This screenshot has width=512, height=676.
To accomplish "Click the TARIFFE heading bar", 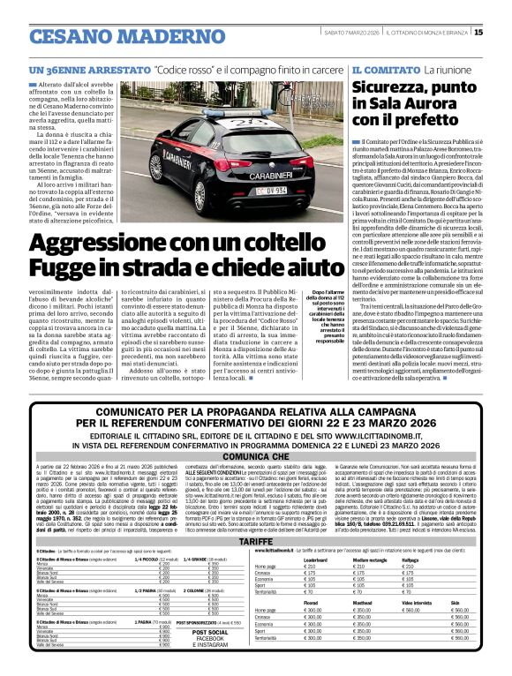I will click(x=255, y=540).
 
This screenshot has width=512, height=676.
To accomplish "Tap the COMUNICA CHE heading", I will click(x=255, y=456).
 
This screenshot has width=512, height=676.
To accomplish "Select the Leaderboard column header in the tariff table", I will click(x=315, y=560).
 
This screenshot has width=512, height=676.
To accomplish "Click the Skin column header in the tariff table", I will click(x=454, y=604).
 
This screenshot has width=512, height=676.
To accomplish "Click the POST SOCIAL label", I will click(x=209, y=633).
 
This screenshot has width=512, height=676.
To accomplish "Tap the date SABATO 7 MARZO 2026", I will click(x=350, y=33).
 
